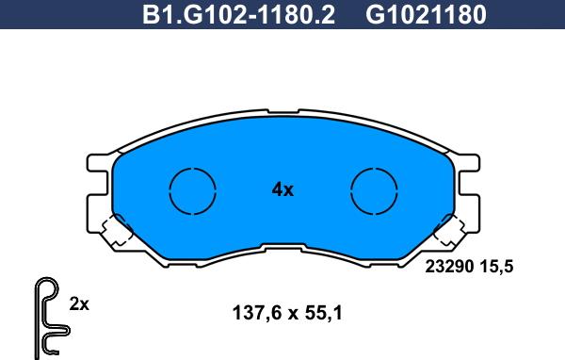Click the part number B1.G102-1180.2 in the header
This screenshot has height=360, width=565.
[x=238, y=14]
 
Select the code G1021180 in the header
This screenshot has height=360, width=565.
[x=426, y=14]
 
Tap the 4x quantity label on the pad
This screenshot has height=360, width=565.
[x=282, y=189]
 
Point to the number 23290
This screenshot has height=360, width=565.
[x=449, y=267]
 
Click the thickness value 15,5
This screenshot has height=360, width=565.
[x=496, y=267]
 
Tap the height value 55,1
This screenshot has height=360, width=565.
[x=323, y=313]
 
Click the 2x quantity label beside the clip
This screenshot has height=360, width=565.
[x=79, y=304]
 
